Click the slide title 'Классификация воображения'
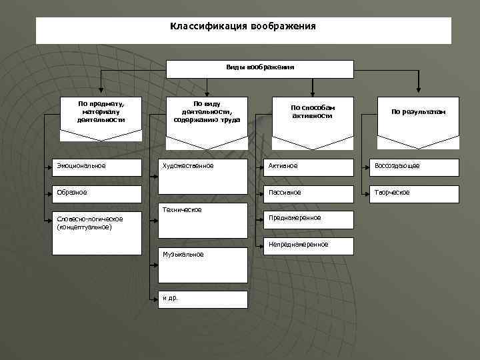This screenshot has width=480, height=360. [x=243, y=27]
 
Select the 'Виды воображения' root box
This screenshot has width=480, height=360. [x=259, y=68]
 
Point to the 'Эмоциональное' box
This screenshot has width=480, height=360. [x=97, y=166]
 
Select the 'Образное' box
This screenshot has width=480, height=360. [x=97, y=193]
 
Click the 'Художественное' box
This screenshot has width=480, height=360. [x=203, y=166]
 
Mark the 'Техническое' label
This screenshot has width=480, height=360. [x=182, y=210]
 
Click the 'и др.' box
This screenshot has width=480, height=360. [x=203, y=298]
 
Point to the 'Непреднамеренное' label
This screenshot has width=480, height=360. [x=298, y=245]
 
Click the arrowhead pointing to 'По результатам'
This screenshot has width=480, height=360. [x=418, y=87]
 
